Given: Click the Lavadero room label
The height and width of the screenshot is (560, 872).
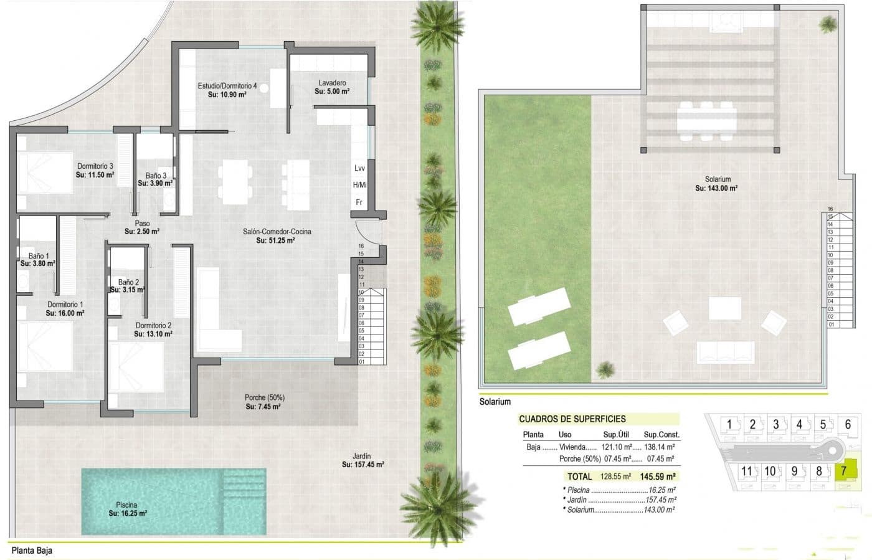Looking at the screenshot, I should pyautogui.click(x=332, y=87).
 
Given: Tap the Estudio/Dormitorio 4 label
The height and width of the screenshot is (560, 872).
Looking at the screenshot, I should pyautogui.click(x=227, y=90).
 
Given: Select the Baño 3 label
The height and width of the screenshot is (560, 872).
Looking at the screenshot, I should pyautogui.click(x=156, y=179).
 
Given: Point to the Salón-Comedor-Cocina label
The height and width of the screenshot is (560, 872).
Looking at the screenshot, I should pyautogui.click(x=277, y=235).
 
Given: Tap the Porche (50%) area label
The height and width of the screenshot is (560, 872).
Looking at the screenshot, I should pyautogui.click(x=264, y=402).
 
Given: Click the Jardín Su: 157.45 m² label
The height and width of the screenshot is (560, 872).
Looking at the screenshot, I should pyautogui.click(x=363, y=460).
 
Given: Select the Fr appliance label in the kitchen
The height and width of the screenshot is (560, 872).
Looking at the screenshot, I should pyautogui.click(x=359, y=202).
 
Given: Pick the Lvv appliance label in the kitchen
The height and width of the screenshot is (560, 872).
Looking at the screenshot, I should pyautogui.click(x=359, y=168).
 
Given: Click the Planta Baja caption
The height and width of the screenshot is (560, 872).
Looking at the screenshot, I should pyautogui.click(x=32, y=550).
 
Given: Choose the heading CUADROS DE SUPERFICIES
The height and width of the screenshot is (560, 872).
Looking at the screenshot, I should pyautogui.click(x=572, y=419).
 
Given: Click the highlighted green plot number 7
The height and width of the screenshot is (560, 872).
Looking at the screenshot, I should pyautogui.click(x=844, y=471).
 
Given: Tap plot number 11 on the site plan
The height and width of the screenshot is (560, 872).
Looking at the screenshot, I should pyautogui.click(x=747, y=471).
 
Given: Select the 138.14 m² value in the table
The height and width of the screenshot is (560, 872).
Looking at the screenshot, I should pyautogui.click(x=659, y=447).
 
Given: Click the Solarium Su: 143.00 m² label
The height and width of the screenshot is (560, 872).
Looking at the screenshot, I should pyautogui.click(x=717, y=184).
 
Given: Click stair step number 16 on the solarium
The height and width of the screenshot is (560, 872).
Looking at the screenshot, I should pyautogui.click(x=830, y=209).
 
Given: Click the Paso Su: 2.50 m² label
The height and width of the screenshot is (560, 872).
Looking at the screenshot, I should pyautogui.click(x=142, y=227).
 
